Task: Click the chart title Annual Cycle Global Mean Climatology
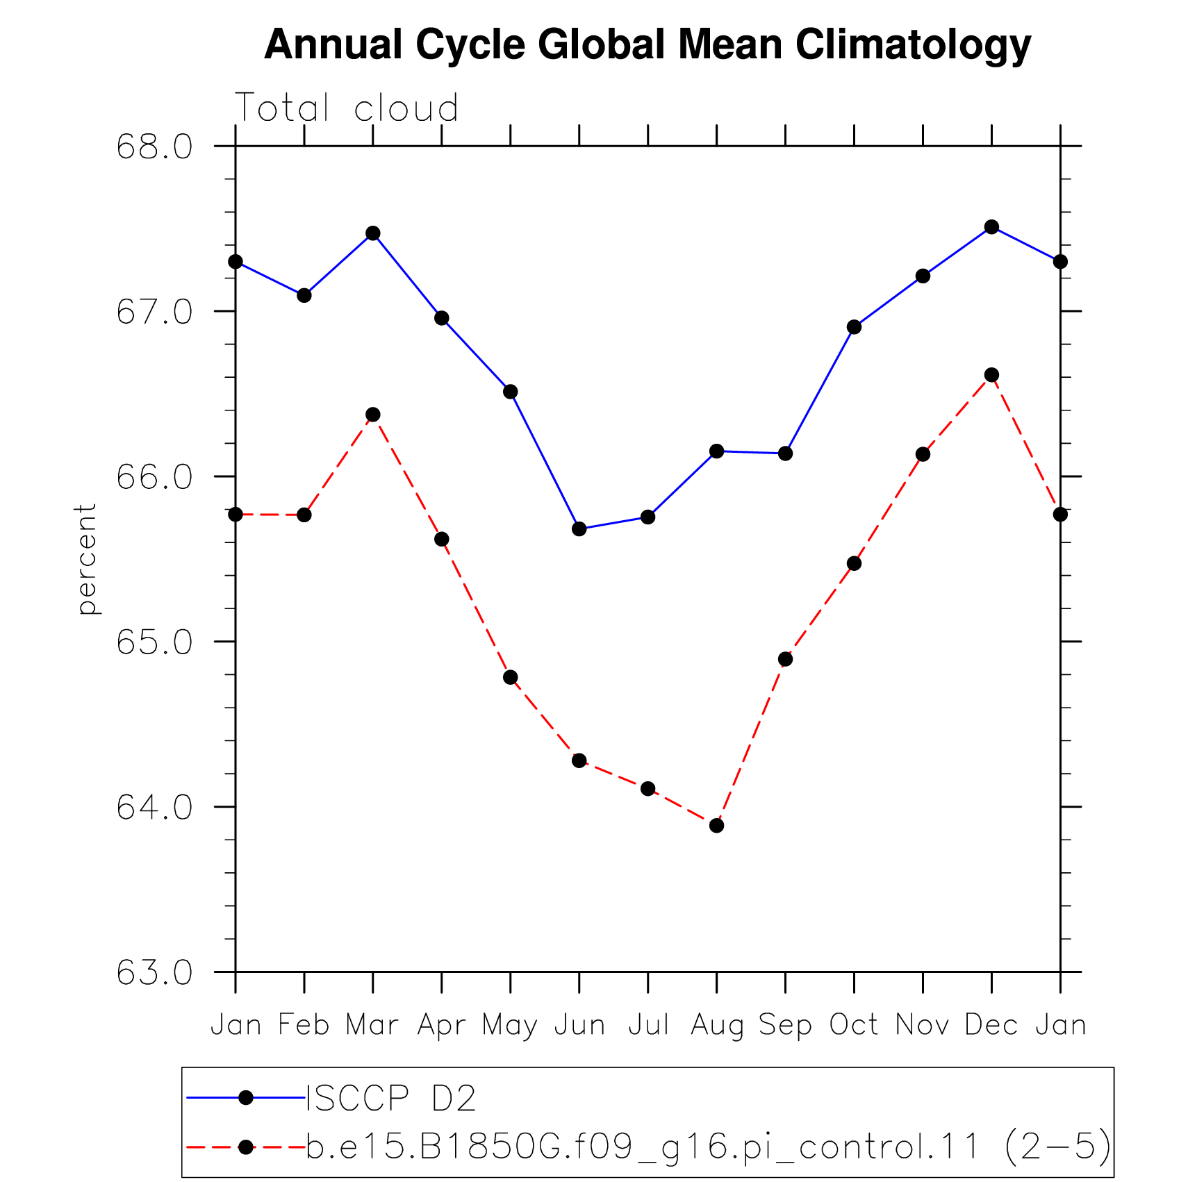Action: coord(647,45)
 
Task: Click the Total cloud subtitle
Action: coord(347,108)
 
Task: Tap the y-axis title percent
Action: coord(87,559)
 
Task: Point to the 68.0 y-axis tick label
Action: coord(154,147)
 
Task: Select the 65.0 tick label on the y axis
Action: coord(154,642)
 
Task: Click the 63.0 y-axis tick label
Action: coord(154,972)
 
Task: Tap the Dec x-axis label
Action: coord(991,1025)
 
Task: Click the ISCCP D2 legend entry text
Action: coord(391,1099)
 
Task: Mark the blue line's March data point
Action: coord(373,233)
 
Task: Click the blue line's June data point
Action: coord(579,529)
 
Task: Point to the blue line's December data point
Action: coord(991,227)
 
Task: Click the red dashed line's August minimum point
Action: coord(717,826)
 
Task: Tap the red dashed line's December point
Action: coord(991,375)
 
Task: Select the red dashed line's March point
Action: coord(373,415)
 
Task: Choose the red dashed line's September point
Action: coord(786,659)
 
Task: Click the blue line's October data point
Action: coord(855,327)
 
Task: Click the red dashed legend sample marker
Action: coord(246,1147)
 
